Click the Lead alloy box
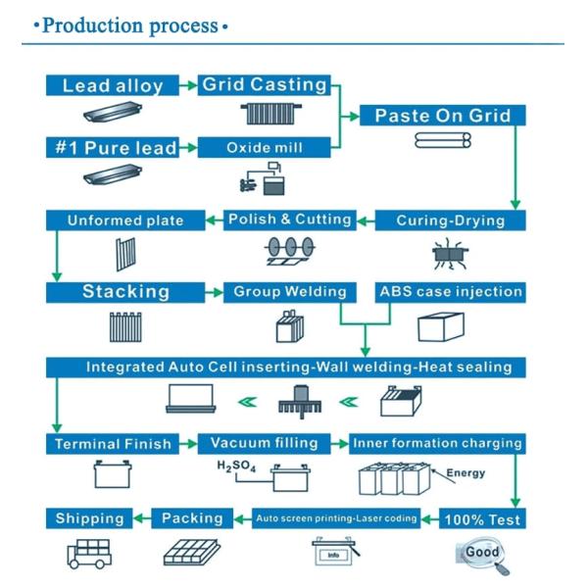click(x=113, y=85)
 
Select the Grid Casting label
click(x=263, y=85)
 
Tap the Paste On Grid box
click(x=443, y=116)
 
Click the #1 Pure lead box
click(x=113, y=148)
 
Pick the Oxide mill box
click(x=263, y=148)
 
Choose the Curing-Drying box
click(x=452, y=220)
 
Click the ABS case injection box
click(x=451, y=292)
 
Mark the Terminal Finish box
click(x=113, y=444)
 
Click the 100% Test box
click(x=482, y=517)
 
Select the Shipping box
click(x=89, y=517)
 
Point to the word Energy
click(x=465, y=474)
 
